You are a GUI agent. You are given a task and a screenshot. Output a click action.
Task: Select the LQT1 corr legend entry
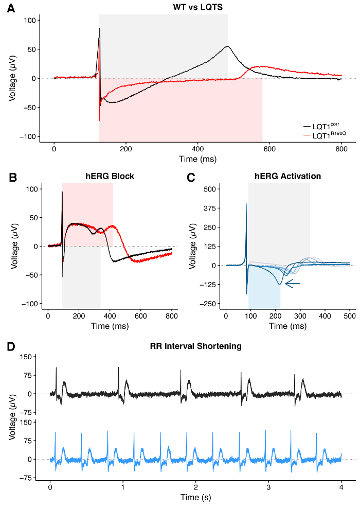pos(321,126)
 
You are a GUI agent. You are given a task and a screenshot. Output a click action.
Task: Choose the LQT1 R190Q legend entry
pos(321,135)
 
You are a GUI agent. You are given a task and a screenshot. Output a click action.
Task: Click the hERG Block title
pos(110,176)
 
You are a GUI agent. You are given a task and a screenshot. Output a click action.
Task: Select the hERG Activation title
pos(287,176)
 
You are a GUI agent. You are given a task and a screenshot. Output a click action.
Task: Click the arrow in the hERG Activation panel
pos(293,283)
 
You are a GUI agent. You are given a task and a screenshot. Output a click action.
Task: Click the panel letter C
pos(191,178)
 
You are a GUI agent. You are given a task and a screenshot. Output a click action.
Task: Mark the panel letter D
pos(11,347)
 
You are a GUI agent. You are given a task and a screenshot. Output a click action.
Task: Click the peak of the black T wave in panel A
pos(227,46)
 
